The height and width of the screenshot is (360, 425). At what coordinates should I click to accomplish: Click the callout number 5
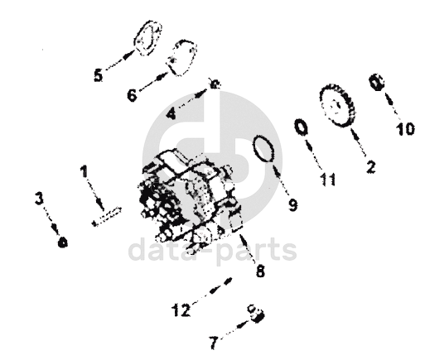pos(99,75)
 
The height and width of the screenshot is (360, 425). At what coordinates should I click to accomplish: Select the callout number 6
pos(132,95)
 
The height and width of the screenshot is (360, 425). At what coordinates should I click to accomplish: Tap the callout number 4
pos(171,113)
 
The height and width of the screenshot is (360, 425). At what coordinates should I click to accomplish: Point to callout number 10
pos(405,128)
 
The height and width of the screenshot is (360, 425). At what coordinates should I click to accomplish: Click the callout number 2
pos(371,166)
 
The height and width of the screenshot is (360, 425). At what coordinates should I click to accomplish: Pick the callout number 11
pos(328,180)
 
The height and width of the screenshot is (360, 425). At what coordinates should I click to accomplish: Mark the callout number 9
pos(292,204)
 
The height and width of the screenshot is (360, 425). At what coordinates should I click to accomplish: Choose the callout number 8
pos(260,271)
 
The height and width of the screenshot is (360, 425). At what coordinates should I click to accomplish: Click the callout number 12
pos(181,310)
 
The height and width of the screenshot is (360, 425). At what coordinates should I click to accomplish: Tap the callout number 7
pos(214,343)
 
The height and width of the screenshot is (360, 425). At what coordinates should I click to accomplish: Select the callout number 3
pos(39,199)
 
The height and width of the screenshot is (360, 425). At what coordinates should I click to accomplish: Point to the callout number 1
pos(84,171)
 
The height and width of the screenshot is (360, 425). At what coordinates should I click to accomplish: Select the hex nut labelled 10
pos(376,82)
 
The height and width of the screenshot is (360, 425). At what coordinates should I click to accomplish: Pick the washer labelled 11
pos(296,127)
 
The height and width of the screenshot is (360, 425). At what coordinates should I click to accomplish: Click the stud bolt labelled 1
pos(106,217)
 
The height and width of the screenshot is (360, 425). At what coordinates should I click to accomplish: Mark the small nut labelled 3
pos(63,242)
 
